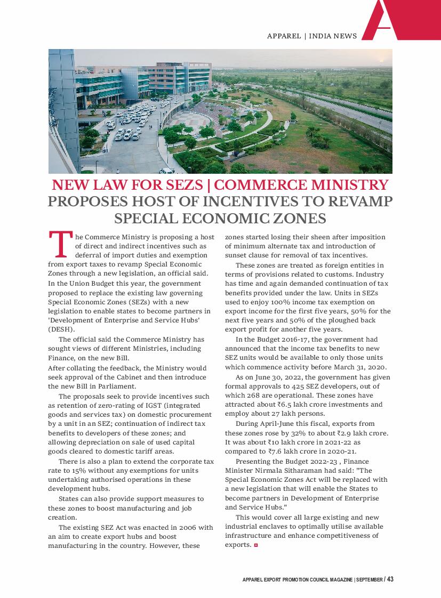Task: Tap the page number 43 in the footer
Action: pos(390,580)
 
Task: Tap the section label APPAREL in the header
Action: pos(284,36)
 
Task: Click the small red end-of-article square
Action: pos(256,545)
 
